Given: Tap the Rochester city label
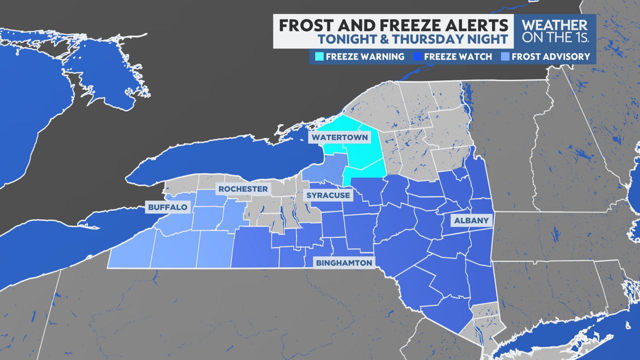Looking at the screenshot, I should [243, 189].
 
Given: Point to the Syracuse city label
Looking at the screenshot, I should [327, 195].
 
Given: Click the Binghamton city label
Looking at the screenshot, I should [343, 262].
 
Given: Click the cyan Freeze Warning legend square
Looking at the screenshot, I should [318, 56].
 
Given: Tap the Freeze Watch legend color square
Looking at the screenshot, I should [416, 56].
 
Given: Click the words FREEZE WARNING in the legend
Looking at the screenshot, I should [364, 56].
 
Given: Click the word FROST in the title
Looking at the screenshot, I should [302, 25].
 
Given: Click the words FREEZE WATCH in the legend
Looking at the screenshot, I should [458, 56].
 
